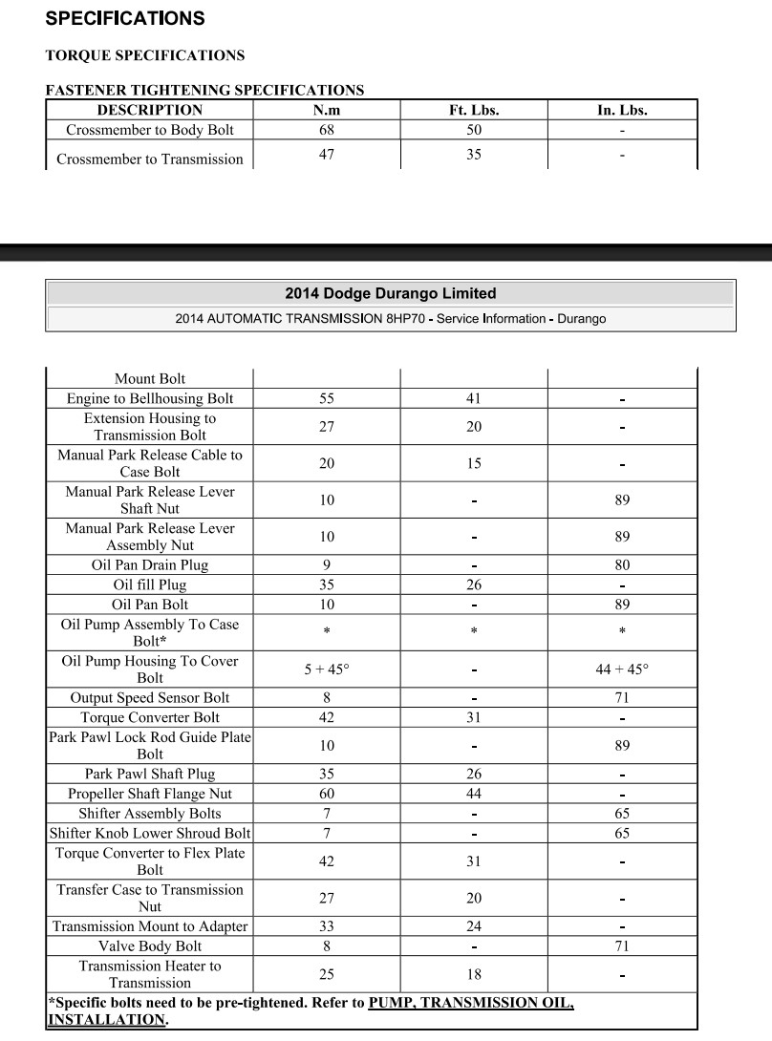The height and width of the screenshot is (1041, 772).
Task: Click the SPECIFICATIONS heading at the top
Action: [x=124, y=18]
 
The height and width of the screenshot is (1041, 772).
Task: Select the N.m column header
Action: [x=327, y=110]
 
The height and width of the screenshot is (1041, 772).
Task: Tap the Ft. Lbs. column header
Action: [x=474, y=110]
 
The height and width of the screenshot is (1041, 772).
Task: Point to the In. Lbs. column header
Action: [x=622, y=110]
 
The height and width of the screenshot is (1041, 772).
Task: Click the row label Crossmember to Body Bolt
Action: [x=150, y=130]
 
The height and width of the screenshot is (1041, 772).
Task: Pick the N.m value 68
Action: [x=327, y=130]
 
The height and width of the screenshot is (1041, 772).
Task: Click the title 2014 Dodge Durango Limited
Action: [x=391, y=293]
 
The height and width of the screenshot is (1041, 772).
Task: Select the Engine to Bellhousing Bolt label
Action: [x=150, y=398]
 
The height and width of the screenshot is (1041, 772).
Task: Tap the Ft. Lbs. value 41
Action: [x=474, y=398]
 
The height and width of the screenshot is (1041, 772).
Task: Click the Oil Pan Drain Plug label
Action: [x=150, y=564]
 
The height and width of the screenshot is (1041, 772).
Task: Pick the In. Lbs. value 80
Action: [x=622, y=564]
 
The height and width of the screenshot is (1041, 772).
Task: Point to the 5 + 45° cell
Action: [x=327, y=669]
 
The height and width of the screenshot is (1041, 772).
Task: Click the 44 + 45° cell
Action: [x=622, y=669]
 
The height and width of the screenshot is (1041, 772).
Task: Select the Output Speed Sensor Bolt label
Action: [x=150, y=698]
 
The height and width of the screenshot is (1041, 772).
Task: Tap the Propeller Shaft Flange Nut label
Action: [x=150, y=794]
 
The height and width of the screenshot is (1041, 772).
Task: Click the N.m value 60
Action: [x=327, y=794]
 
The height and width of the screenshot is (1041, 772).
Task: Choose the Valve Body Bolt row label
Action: [x=150, y=945]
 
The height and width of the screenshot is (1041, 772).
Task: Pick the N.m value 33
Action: [x=327, y=926]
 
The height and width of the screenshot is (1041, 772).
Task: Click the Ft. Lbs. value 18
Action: [x=474, y=974]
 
